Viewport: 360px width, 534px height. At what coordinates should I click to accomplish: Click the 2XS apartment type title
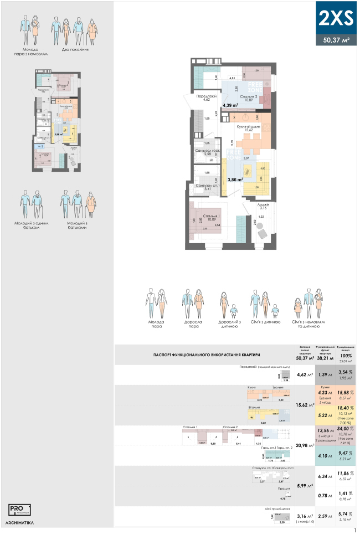tap(336, 18)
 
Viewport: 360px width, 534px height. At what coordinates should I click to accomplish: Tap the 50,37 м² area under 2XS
tap(336, 39)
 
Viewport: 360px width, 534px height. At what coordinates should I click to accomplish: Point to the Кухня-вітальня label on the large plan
tap(248, 127)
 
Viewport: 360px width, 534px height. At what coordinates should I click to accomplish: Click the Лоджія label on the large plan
tap(263, 204)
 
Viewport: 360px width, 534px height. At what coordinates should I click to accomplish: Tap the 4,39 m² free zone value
tap(230, 104)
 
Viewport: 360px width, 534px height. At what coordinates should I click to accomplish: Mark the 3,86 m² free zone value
tap(236, 179)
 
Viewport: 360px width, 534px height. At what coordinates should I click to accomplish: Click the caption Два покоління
tap(76, 50)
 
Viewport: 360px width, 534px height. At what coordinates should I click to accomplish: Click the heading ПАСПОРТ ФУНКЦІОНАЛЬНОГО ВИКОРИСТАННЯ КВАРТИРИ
tap(208, 354)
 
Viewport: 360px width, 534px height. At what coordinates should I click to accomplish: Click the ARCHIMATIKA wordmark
tap(20, 523)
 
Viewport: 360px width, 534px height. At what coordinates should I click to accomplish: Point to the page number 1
tap(354, 530)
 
